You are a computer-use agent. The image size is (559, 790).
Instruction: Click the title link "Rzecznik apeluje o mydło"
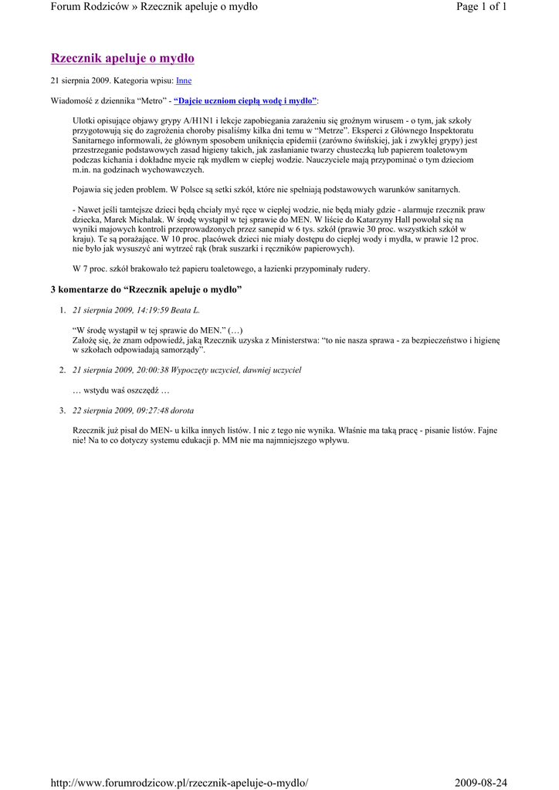tap(122, 59)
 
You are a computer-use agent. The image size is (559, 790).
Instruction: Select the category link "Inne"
tap(184, 80)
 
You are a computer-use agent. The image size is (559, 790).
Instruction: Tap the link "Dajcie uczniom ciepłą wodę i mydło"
tap(245, 101)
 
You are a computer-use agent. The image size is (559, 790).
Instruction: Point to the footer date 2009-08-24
tap(481, 784)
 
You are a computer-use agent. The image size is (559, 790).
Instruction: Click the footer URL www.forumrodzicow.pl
tap(178, 784)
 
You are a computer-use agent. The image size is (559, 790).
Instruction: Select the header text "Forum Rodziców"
tap(91, 7)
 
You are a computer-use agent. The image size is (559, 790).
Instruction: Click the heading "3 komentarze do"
tap(85, 289)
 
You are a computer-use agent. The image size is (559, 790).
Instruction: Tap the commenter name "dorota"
tap(182, 410)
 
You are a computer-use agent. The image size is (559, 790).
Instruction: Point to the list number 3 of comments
tap(62, 410)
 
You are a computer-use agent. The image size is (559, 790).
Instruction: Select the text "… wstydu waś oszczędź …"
tap(120, 390)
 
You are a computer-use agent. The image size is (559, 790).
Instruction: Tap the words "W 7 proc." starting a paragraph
tap(90, 269)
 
